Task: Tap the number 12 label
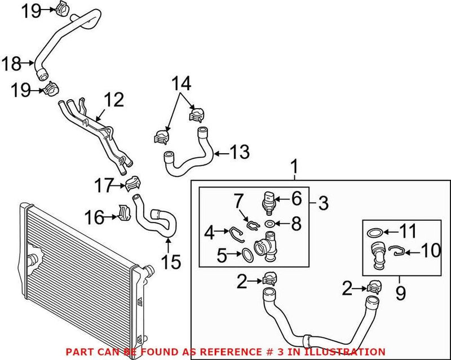pyautogui.click(x=113, y=101)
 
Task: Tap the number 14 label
pyautogui.click(x=182, y=85)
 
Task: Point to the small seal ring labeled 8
pyautogui.click(x=271, y=224)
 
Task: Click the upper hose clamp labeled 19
pyautogui.click(x=65, y=8)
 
